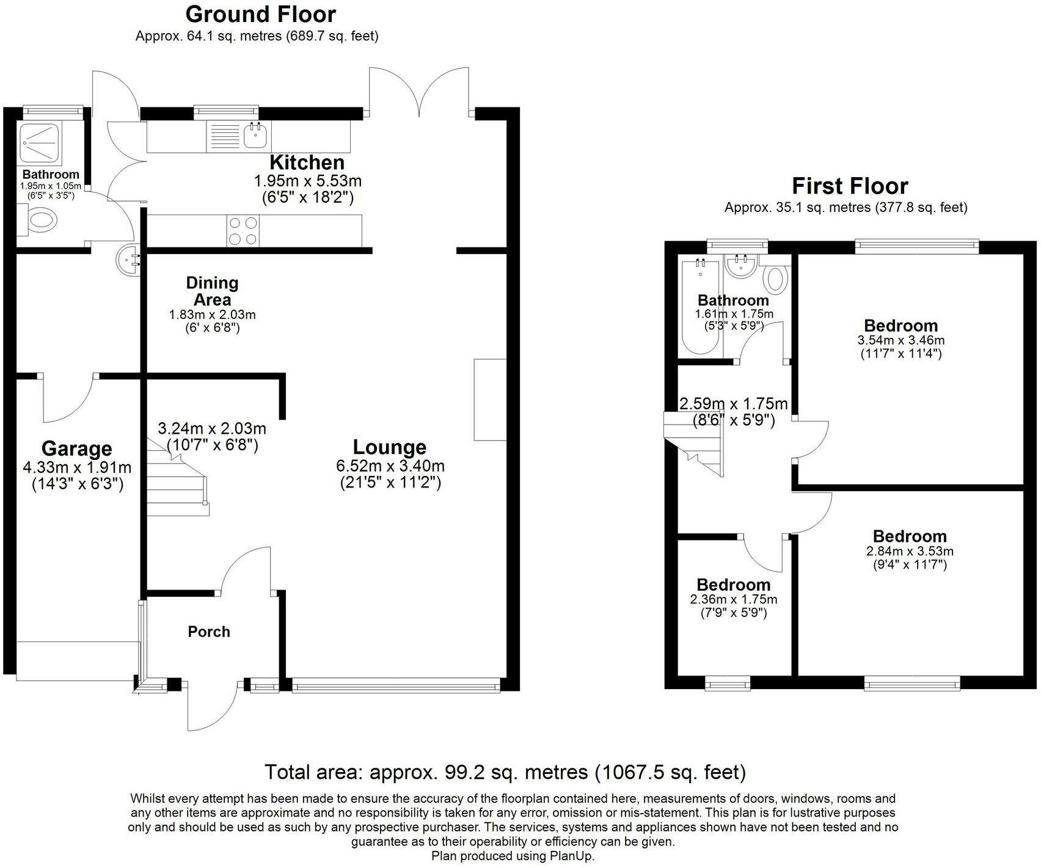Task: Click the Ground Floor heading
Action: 260,14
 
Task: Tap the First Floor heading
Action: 850,186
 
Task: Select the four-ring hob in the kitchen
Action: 243,231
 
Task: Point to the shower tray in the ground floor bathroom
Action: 40,144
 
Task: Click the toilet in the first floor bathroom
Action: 776,277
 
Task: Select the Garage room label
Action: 77,449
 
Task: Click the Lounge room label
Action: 390,447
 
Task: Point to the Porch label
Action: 209,632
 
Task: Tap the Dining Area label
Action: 212,291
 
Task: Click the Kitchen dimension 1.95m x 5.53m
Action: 308,181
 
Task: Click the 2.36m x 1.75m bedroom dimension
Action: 734,599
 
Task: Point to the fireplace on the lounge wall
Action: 490,399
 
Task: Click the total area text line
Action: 505,773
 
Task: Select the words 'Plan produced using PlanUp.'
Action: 513,856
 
